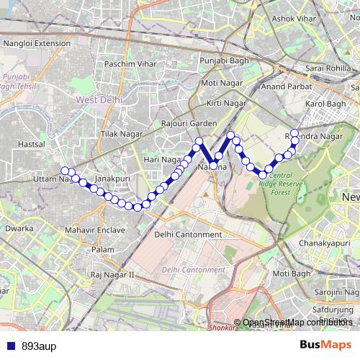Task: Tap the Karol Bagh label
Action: click(325, 104)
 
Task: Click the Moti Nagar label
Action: click(220, 83)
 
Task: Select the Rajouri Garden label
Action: click(189, 123)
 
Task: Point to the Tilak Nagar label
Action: click(119, 135)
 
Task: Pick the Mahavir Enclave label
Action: click(94, 230)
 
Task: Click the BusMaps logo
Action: click(325, 344)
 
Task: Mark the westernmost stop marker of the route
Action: click(65, 171)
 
